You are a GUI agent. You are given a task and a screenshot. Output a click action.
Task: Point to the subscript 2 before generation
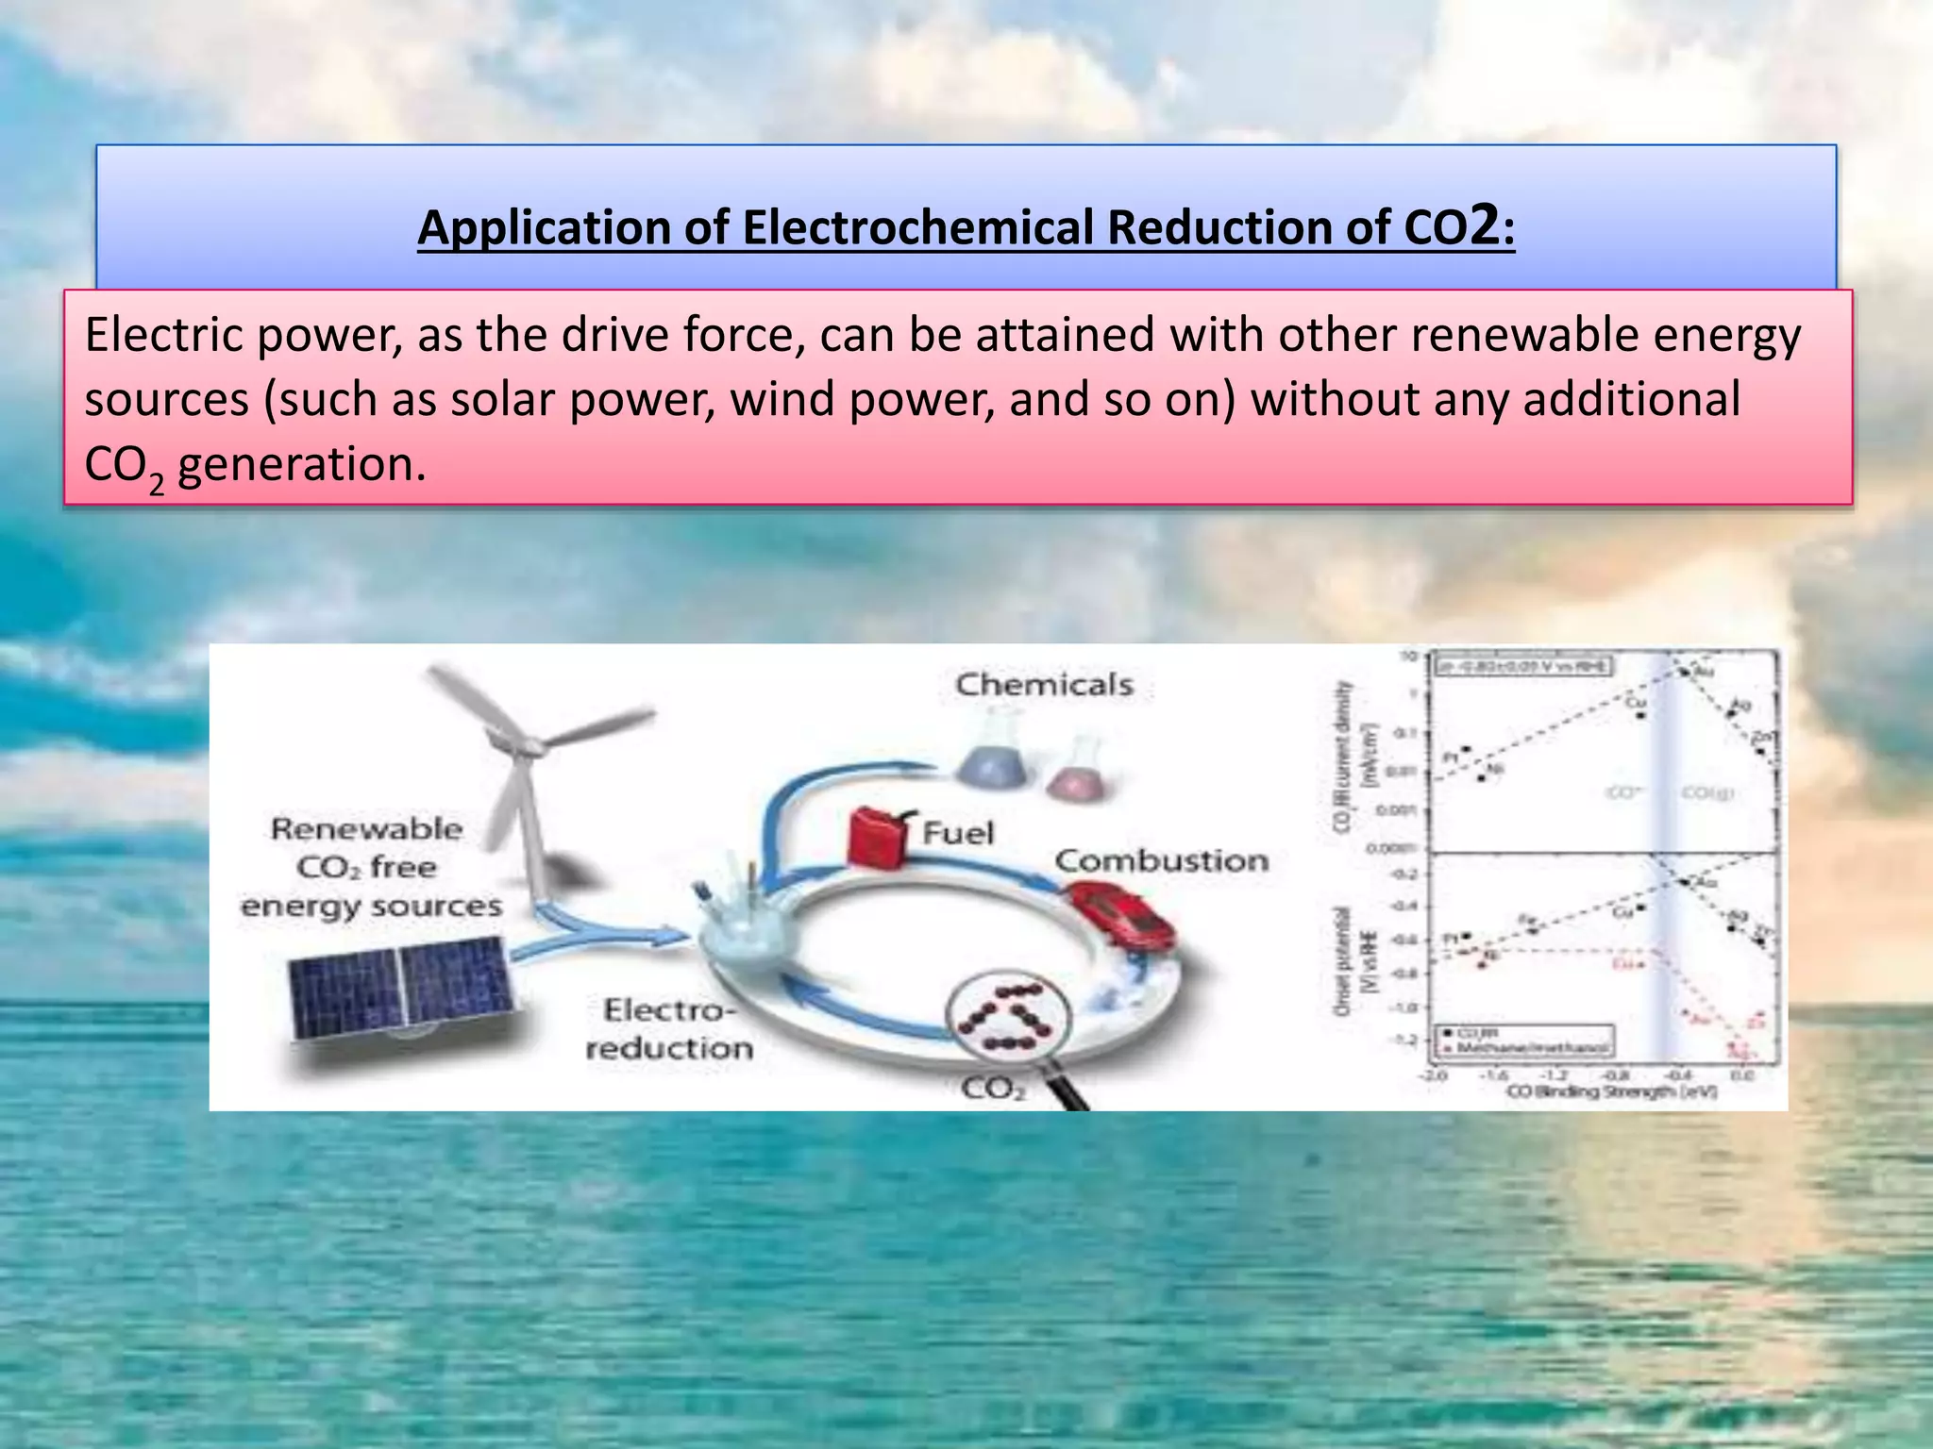tap(157, 483)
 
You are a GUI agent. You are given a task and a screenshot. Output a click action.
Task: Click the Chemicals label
tap(1044, 685)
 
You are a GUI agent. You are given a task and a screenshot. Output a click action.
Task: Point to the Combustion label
tap(1161, 860)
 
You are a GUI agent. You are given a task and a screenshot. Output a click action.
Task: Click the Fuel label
tap(958, 833)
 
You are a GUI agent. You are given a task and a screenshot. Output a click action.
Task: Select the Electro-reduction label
tap(668, 1029)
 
